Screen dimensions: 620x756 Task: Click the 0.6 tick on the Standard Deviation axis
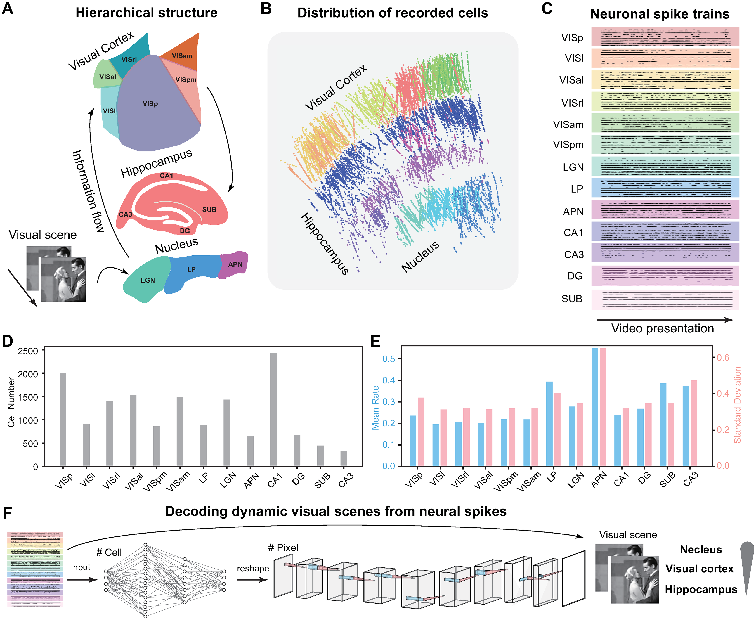(723, 358)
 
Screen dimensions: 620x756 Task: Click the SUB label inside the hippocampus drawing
(209, 210)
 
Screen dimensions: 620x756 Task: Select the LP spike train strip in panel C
(665, 188)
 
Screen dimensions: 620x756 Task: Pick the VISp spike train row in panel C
(665, 37)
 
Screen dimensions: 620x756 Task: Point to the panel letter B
(266, 8)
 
